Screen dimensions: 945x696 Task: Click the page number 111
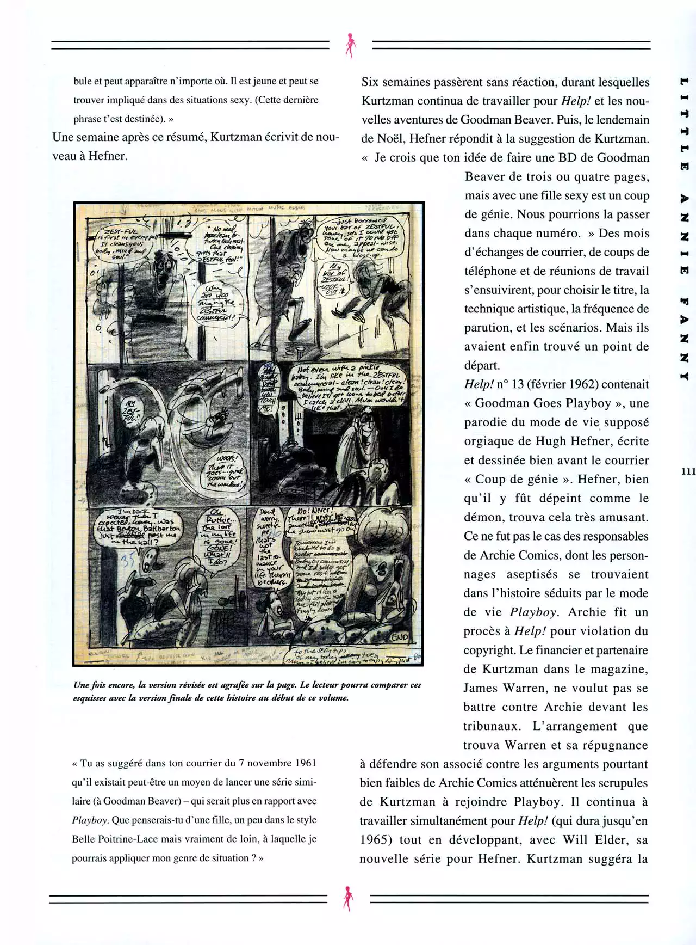(x=687, y=471)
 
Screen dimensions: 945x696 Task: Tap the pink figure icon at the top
(x=349, y=46)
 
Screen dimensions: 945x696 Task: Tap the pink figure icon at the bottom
(x=347, y=899)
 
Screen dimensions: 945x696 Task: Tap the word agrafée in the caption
(x=233, y=685)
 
